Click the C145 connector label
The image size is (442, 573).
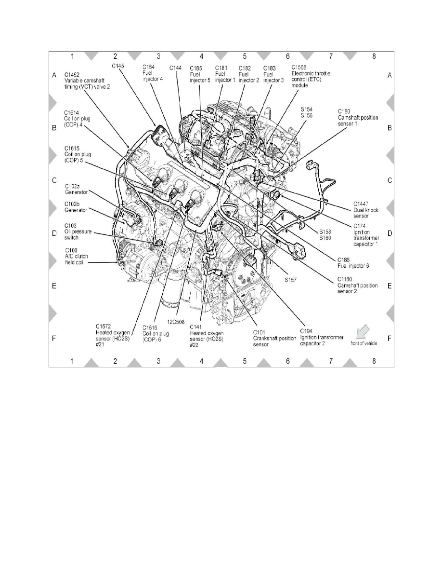click(118, 66)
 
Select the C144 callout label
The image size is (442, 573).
click(176, 68)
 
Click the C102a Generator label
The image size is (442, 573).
click(76, 187)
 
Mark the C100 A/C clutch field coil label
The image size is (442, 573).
click(78, 256)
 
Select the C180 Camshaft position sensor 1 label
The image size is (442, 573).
click(358, 117)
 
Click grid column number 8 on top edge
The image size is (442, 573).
click(374, 56)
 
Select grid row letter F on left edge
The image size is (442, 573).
click(54, 339)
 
